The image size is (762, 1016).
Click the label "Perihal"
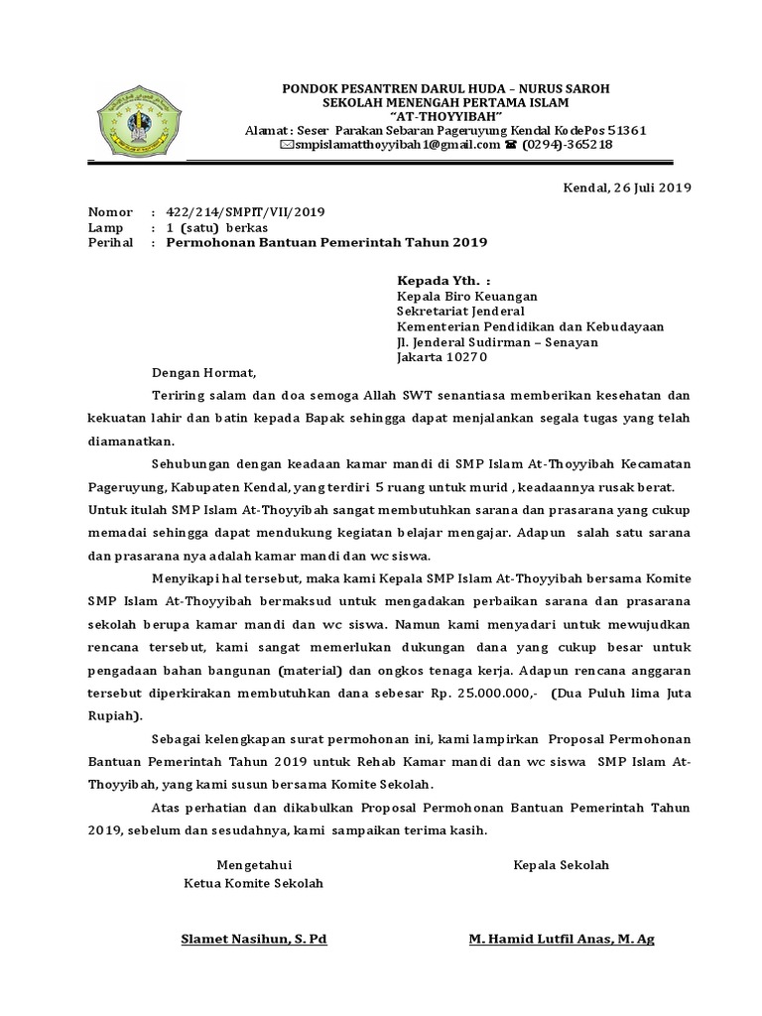click(110, 241)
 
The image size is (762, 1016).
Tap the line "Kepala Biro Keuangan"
click(467, 296)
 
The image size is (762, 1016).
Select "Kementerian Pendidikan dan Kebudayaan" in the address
click(531, 326)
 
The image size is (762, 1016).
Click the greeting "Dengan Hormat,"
click(203, 374)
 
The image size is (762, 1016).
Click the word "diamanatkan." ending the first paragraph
click(132, 440)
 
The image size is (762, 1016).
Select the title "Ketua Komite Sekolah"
click(254, 883)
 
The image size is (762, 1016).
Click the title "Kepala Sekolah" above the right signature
click(561, 864)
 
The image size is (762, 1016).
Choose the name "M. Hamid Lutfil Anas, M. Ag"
click(562, 939)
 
